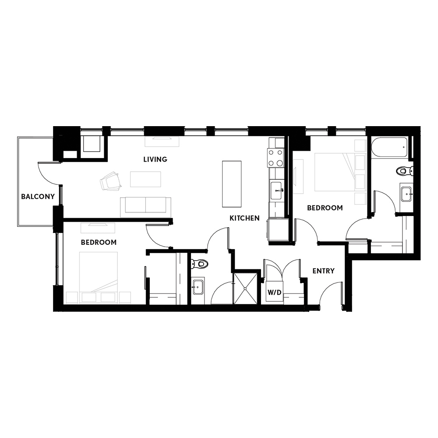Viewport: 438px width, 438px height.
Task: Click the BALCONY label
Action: click(x=38, y=197)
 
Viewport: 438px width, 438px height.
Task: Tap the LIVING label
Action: click(x=155, y=159)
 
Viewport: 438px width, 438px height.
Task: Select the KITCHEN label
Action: click(x=244, y=218)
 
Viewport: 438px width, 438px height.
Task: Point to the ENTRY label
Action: click(x=323, y=271)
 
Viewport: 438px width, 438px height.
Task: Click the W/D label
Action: click(x=274, y=293)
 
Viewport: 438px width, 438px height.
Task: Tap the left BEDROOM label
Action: click(x=99, y=242)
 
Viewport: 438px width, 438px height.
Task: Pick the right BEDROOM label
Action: click(x=325, y=208)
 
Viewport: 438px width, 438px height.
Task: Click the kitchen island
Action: click(x=232, y=184)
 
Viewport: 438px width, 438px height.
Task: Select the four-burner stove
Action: click(x=276, y=158)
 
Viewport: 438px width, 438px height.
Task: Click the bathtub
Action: click(x=389, y=147)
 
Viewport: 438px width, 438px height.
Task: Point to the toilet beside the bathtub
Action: click(x=404, y=170)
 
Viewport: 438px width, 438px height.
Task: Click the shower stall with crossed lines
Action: click(x=245, y=288)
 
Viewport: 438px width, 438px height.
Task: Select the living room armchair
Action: click(x=111, y=181)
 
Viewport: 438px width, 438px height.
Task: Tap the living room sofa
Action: click(x=145, y=207)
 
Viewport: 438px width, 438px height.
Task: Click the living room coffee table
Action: click(x=145, y=179)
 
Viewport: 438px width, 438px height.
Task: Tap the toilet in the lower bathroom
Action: click(x=200, y=263)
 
